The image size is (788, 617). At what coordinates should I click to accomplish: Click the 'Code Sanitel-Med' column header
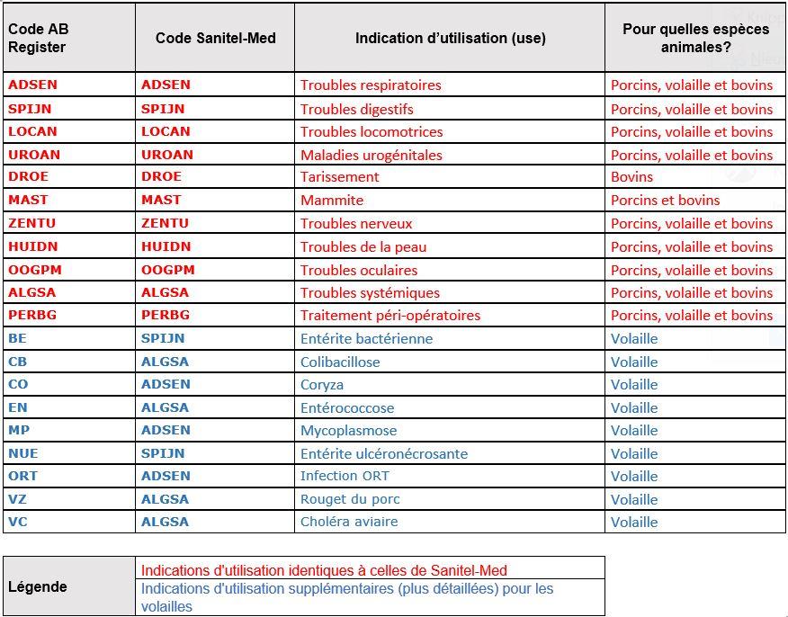pos(215,38)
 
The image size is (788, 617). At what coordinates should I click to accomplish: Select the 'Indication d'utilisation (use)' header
pos(450,38)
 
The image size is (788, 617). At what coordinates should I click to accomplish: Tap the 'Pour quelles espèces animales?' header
pos(695,38)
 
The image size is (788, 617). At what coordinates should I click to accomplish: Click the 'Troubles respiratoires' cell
pos(371,85)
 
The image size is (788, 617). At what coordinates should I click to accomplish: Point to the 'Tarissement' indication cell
pos(340,177)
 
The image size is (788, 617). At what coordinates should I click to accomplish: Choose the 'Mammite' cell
pos(332,201)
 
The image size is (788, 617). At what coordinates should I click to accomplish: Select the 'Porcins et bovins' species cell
pos(665,201)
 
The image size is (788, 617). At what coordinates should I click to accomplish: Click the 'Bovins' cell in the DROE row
pos(631,177)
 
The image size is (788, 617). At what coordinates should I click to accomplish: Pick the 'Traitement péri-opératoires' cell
pos(390,316)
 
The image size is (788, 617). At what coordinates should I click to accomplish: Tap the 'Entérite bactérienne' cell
pos(366,339)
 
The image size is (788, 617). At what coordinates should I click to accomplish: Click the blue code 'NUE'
pos(23,453)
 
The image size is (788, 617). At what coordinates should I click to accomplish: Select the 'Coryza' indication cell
pos(322,384)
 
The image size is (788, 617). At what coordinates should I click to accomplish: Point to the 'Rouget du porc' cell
pos(350,499)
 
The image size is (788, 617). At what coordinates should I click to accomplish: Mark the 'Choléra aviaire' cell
pos(349,522)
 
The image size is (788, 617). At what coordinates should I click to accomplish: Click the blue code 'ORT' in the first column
pos(23,476)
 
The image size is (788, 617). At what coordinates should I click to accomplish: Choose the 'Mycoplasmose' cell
pos(348,431)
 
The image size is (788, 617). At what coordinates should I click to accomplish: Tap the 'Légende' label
pos(38,587)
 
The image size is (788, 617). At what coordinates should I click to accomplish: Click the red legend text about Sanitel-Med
pos(324,570)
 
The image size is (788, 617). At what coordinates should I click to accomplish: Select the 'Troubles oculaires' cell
pos(359,270)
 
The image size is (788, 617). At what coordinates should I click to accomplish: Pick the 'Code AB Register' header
pos(38,38)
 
